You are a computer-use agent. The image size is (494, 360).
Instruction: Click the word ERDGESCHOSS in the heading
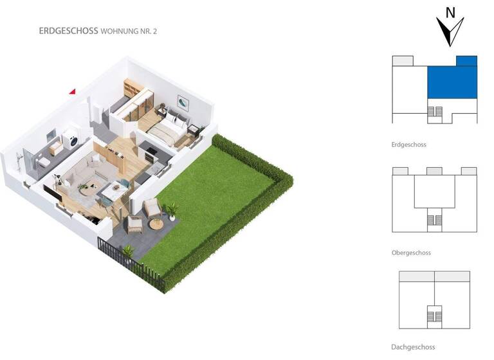[68, 31]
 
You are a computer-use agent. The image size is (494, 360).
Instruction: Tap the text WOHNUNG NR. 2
[129, 31]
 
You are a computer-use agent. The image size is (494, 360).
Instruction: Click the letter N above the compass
[451, 12]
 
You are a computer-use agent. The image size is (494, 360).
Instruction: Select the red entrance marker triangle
[73, 92]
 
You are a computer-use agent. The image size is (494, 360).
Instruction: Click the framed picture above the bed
[184, 102]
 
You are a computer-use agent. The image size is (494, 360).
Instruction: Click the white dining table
[116, 190]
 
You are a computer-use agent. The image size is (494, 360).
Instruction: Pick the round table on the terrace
[156, 224]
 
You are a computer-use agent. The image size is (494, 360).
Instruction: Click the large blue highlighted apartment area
[453, 82]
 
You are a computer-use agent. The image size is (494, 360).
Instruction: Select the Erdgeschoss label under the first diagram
[408, 145]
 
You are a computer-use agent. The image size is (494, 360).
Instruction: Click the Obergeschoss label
[410, 253]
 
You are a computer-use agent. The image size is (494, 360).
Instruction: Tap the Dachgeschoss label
[412, 347]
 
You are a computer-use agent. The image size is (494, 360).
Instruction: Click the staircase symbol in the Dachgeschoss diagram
[434, 317]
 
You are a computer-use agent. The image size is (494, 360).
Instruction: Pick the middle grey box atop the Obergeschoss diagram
[434, 171]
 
